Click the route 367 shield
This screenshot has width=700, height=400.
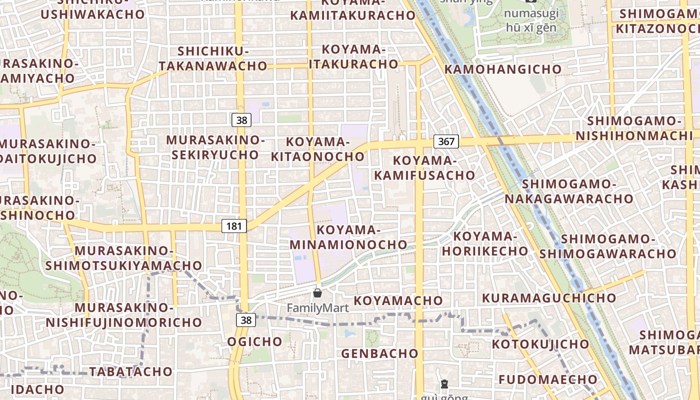tap(445, 141)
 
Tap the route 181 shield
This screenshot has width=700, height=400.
tap(233, 226)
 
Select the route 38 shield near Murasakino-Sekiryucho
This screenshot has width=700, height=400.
tap(241, 120)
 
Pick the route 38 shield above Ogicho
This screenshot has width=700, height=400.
tap(246, 320)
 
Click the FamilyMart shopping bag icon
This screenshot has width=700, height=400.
tap(317, 293)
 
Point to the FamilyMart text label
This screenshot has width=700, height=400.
tap(317, 307)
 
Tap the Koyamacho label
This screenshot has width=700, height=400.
tap(398, 300)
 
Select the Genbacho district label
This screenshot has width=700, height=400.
tap(379, 353)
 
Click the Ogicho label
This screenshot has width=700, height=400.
tap(255, 341)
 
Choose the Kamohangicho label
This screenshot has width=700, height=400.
tap(502, 69)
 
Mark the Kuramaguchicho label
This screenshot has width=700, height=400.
tap(549, 298)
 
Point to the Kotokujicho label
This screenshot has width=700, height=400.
tap(540, 344)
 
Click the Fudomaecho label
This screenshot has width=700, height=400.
tap(548, 379)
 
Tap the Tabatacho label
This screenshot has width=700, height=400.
tap(131, 371)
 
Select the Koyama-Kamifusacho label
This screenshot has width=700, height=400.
tap(424, 168)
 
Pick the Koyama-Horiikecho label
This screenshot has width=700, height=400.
tap(484, 243)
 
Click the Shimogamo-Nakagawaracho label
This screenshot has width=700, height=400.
tap(568, 191)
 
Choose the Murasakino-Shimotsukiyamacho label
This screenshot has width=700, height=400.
tap(123, 258)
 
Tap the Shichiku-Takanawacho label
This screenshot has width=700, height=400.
tap(213, 58)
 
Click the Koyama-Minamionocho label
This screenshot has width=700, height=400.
tap(348, 237)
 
